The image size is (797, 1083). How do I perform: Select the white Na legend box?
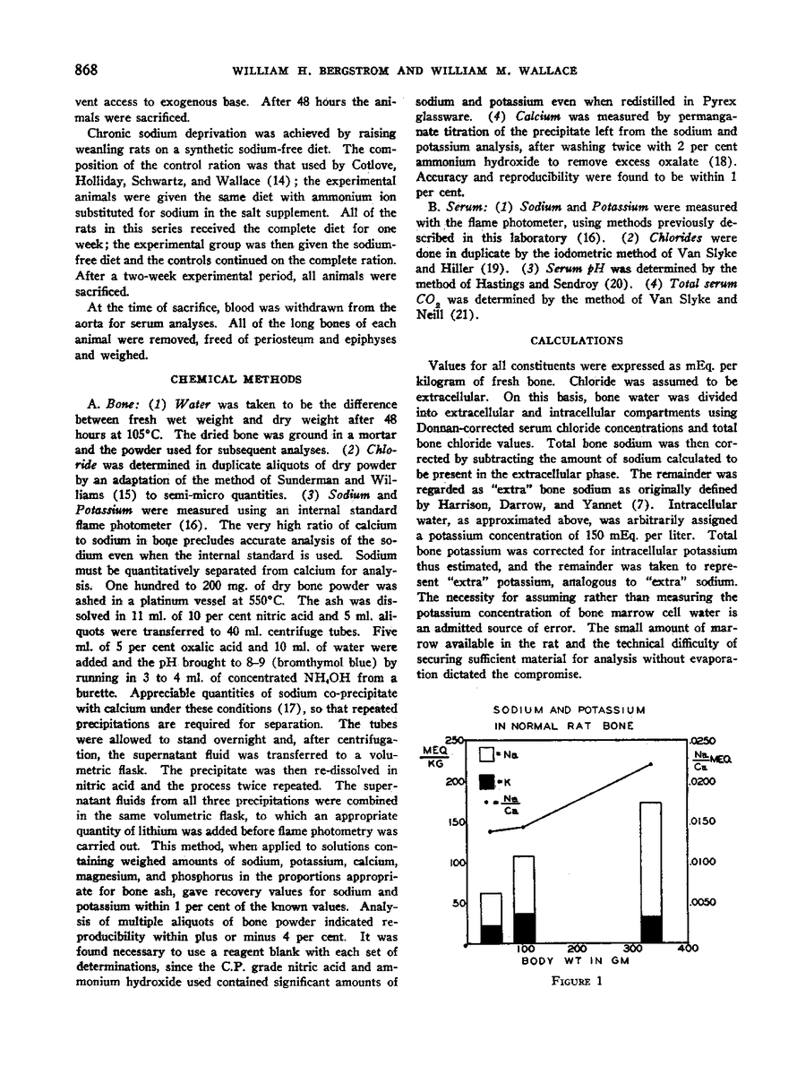coord(485,755)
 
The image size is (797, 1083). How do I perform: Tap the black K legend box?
coord(485,779)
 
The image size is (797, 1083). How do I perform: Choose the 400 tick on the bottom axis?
coord(687,949)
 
